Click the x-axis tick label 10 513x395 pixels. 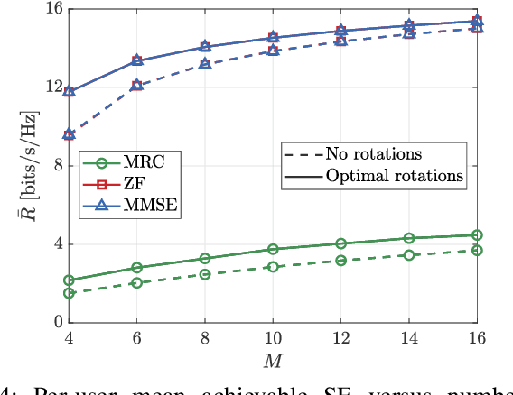click(x=273, y=338)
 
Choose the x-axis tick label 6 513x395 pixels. click(x=136, y=338)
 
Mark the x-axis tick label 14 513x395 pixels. click(x=409, y=338)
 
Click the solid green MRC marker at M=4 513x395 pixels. click(x=69, y=280)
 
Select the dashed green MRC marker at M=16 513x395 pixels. click(x=477, y=250)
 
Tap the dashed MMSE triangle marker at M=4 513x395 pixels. click(x=69, y=134)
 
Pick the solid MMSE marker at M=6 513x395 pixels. click(x=136, y=60)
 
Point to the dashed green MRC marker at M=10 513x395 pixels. click(x=273, y=267)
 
